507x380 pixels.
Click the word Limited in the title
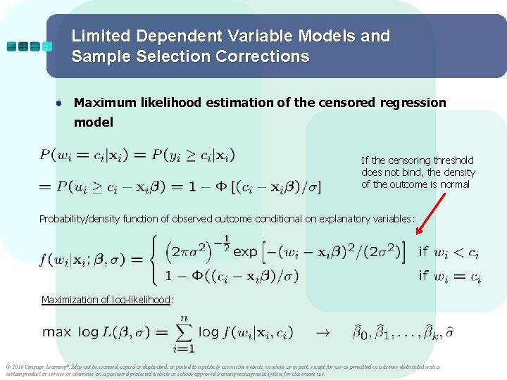[x=99, y=36]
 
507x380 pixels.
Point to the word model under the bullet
[x=94, y=122]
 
